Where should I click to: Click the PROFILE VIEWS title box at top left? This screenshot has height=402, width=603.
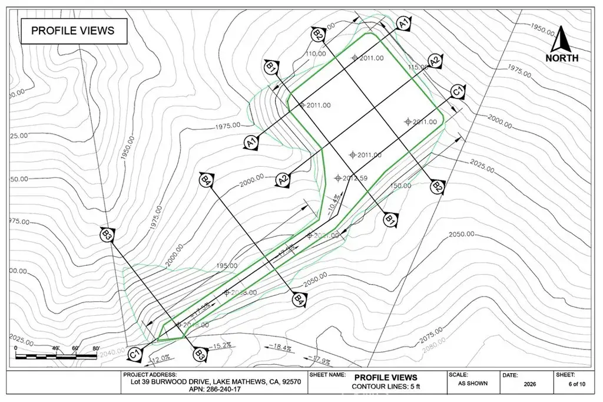pos(73,31)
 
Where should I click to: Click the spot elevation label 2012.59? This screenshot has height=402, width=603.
pos(354,179)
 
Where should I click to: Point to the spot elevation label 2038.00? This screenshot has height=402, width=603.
pos(243,293)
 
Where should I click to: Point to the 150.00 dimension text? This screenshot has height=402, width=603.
pos(400,186)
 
